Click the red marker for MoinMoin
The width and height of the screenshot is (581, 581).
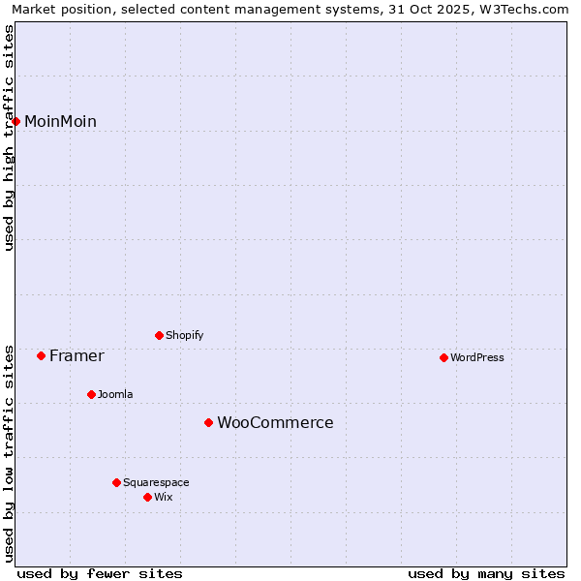(x=16, y=121)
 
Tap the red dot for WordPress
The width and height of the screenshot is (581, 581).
(x=443, y=357)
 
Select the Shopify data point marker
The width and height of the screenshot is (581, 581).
(x=159, y=335)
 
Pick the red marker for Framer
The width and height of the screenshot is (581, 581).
(x=41, y=355)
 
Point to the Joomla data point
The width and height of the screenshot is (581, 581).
(x=91, y=394)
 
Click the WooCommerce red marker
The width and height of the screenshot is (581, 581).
(x=208, y=422)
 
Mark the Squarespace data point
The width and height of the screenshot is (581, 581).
(x=116, y=482)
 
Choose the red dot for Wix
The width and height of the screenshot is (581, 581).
(x=147, y=497)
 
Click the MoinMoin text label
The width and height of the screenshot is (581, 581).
(x=60, y=121)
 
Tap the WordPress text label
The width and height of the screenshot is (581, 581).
(x=477, y=357)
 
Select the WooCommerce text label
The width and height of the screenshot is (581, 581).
(x=275, y=422)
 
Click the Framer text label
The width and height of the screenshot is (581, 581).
(x=76, y=355)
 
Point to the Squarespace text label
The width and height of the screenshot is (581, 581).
(x=156, y=482)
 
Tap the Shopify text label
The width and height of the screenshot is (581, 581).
(x=184, y=335)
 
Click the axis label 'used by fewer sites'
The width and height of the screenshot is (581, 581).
(x=100, y=573)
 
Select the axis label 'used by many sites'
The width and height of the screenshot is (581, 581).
(x=486, y=573)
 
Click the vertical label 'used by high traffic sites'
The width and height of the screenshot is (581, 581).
(x=9, y=138)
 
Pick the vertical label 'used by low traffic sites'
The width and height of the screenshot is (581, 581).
(x=9, y=452)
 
